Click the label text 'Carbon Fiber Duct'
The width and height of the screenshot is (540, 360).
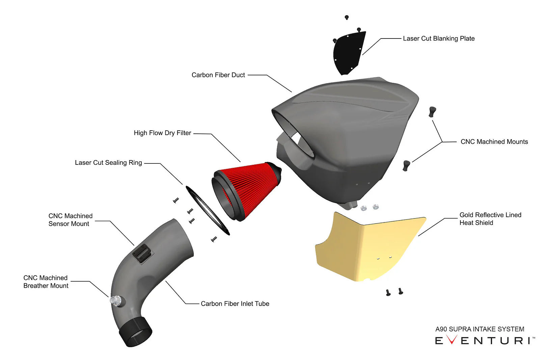pyautogui.click(x=218, y=75)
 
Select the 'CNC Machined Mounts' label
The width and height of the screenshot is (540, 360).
pyautogui.click(x=494, y=142)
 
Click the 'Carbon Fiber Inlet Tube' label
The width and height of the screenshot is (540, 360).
pyautogui.click(x=235, y=304)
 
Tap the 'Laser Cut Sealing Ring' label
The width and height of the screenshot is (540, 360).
pyautogui.click(x=108, y=163)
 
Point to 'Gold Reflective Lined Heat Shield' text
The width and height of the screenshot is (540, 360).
pyautogui.click(x=490, y=219)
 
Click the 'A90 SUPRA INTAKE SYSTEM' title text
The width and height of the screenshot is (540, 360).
pyautogui.click(x=480, y=329)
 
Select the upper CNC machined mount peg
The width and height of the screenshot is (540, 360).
pyautogui.click(x=432, y=111)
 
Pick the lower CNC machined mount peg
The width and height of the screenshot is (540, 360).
pyautogui.click(x=406, y=165)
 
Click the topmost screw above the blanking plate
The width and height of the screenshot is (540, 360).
pyautogui.click(x=347, y=18)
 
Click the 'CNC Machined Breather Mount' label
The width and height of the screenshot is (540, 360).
pyautogui.click(x=46, y=282)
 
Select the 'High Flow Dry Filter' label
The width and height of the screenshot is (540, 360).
pyautogui.click(x=162, y=133)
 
